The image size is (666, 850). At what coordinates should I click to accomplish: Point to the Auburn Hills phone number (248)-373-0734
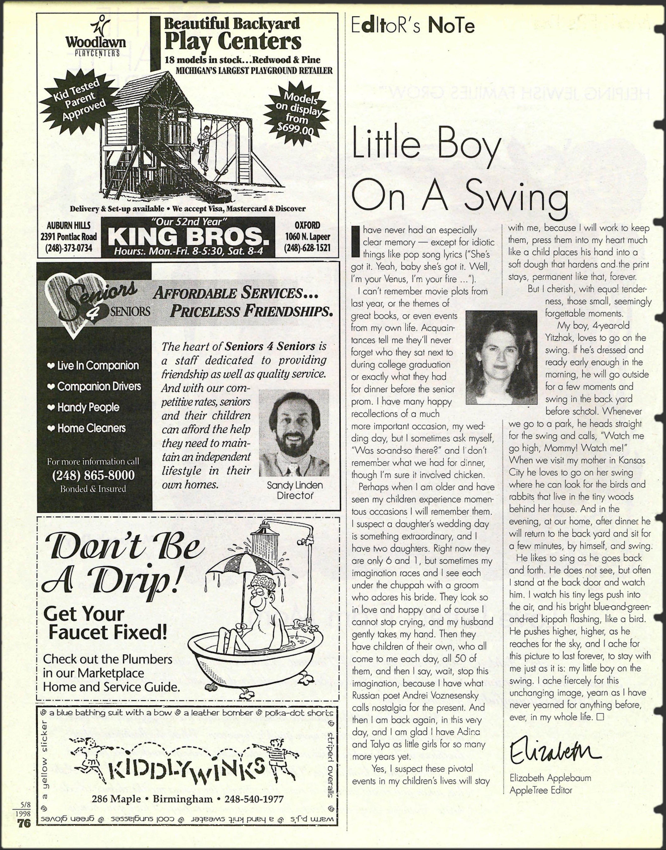pos(69,248)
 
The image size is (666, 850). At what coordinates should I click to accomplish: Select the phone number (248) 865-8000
pos(93,475)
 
